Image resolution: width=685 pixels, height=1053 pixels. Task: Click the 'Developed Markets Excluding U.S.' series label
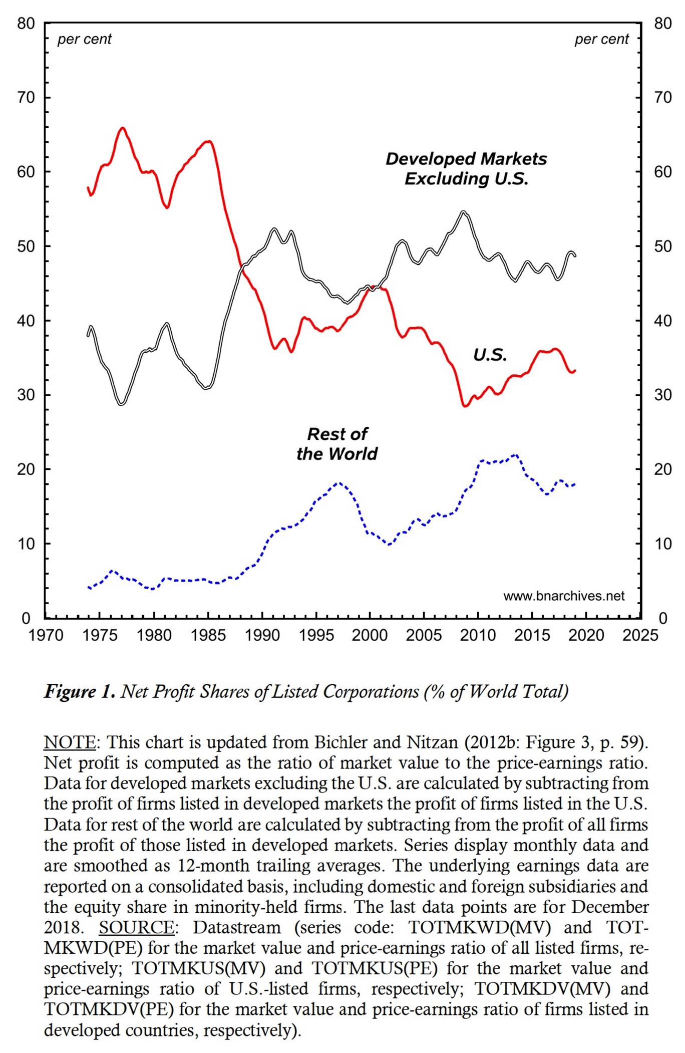click(x=466, y=168)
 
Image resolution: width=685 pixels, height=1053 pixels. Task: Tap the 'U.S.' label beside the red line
click(x=490, y=355)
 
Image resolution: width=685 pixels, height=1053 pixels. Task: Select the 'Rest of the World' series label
click(x=337, y=443)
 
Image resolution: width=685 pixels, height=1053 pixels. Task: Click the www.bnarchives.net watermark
click(x=564, y=596)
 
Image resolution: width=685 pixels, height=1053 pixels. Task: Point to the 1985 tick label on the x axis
click(x=208, y=635)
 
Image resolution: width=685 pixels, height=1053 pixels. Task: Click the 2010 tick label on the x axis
click(x=478, y=635)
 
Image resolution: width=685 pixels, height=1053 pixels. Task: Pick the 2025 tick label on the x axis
click(x=640, y=635)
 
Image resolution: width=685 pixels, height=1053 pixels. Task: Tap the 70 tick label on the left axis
click(x=26, y=97)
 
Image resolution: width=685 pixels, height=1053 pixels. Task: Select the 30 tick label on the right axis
click(x=663, y=395)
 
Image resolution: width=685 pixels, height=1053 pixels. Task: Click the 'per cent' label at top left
click(x=84, y=39)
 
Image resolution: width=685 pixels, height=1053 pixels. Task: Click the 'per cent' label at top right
click(x=601, y=39)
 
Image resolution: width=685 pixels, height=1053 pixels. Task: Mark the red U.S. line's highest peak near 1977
click(x=123, y=128)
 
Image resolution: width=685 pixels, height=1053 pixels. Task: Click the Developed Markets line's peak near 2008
click(x=464, y=212)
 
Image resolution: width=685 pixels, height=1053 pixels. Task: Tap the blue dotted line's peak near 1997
click(x=339, y=483)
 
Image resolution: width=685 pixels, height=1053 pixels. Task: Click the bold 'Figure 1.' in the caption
click(x=80, y=691)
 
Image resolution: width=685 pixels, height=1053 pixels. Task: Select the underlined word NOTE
click(x=70, y=742)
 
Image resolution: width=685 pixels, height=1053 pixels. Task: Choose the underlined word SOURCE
click(x=136, y=927)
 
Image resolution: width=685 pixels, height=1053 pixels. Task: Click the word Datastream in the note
click(x=237, y=927)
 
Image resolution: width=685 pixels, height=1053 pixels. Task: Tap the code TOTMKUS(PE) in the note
click(x=375, y=968)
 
